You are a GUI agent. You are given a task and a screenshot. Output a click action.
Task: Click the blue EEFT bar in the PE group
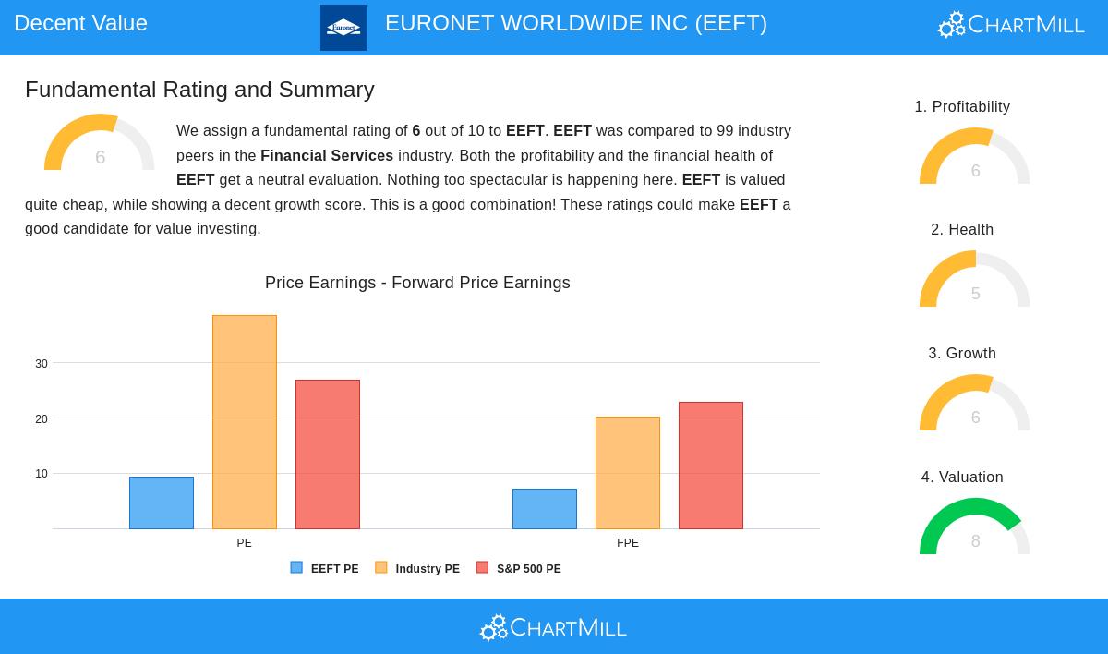point(162,503)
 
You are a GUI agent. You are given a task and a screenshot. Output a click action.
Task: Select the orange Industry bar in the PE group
point(245,422)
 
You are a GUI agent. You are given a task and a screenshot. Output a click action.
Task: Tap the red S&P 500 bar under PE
point(328,454)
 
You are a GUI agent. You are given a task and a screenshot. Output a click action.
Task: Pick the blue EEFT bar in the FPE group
point(545,509)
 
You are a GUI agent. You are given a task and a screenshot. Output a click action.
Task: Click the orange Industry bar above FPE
point(628,473)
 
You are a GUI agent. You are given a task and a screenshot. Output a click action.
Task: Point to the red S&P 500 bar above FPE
point(711,466)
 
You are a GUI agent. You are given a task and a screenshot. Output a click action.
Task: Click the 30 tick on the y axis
point(42,364)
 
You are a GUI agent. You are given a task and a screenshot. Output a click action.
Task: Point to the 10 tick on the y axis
point(42,474)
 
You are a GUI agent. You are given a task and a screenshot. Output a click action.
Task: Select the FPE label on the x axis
point(628,543)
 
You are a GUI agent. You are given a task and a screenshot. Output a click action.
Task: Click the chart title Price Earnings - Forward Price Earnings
point(417,283)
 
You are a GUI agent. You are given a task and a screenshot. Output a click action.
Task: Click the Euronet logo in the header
point(343,28)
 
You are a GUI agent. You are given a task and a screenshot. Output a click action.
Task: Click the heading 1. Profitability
point(962,107)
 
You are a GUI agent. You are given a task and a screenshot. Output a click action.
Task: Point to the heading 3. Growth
point(962,354)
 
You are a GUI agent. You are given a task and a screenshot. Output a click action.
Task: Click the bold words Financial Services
point(327,156)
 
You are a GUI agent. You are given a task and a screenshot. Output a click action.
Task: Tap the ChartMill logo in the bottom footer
point(553,628)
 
